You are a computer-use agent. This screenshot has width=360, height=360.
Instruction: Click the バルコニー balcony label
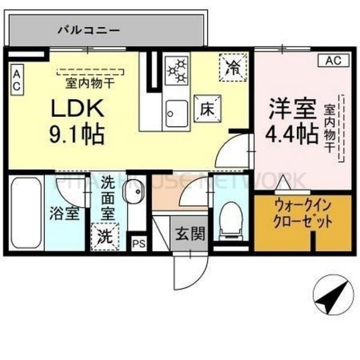tap(89, 29)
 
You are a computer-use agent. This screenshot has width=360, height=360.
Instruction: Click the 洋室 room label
tap(292, 110)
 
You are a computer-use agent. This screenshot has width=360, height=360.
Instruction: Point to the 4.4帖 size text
tap(292, 134)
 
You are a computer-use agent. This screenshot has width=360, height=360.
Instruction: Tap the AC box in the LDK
tap(17, 80)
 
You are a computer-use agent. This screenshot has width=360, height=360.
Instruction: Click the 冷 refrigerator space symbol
tap(232, 66)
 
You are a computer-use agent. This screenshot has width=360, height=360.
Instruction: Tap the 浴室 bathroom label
tap(64, 214)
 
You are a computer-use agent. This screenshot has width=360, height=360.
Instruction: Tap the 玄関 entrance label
tap(190, 233)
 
